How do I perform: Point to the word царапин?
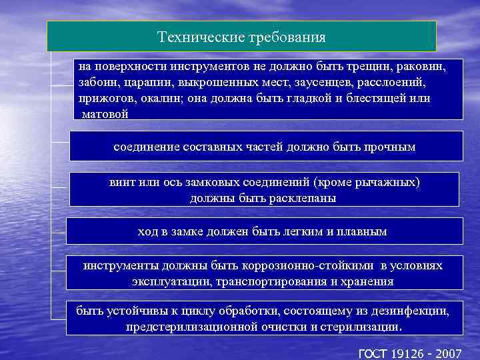[145, 83]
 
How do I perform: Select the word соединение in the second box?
[144, 147]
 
